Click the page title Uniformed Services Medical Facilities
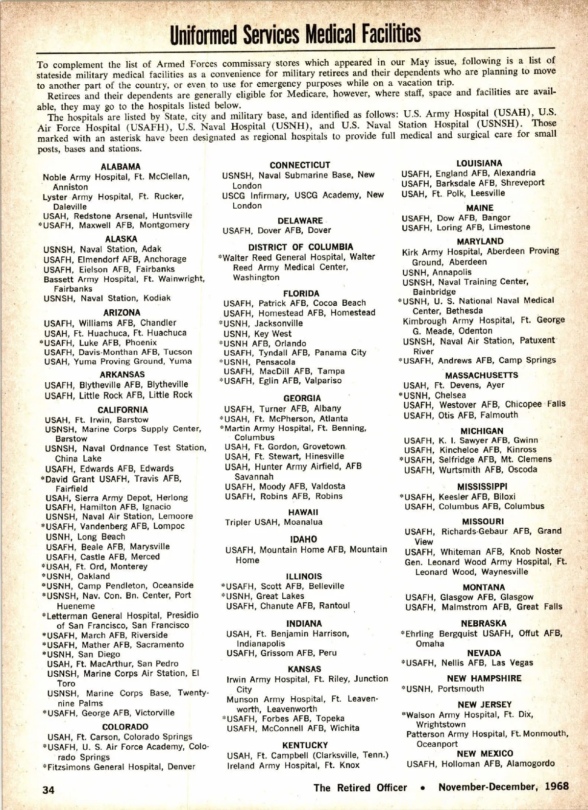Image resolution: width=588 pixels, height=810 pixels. point(295,34)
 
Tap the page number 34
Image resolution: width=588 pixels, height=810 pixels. point(49,789)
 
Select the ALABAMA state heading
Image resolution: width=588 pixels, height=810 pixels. point(121,167)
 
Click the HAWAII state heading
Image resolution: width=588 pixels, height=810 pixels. point(303,512)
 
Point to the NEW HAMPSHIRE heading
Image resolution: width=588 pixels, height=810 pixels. point(484,679)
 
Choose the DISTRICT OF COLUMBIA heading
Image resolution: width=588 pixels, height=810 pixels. point(300,247)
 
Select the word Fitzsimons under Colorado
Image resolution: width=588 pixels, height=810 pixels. point(70,767)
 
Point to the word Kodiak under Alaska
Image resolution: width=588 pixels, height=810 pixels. point(157,298)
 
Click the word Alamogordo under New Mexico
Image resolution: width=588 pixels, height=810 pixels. point(531,763)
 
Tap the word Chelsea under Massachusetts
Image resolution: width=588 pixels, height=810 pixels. point(450,395)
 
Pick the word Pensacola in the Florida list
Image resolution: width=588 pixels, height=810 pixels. point(275,362)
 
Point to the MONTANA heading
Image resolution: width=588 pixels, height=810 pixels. point(484,587)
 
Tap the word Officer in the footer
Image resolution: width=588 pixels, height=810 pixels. point(392,787)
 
